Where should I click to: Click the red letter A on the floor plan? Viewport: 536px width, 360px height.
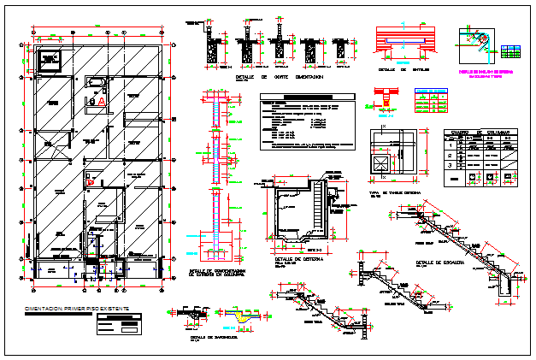(x=103, y=100)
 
